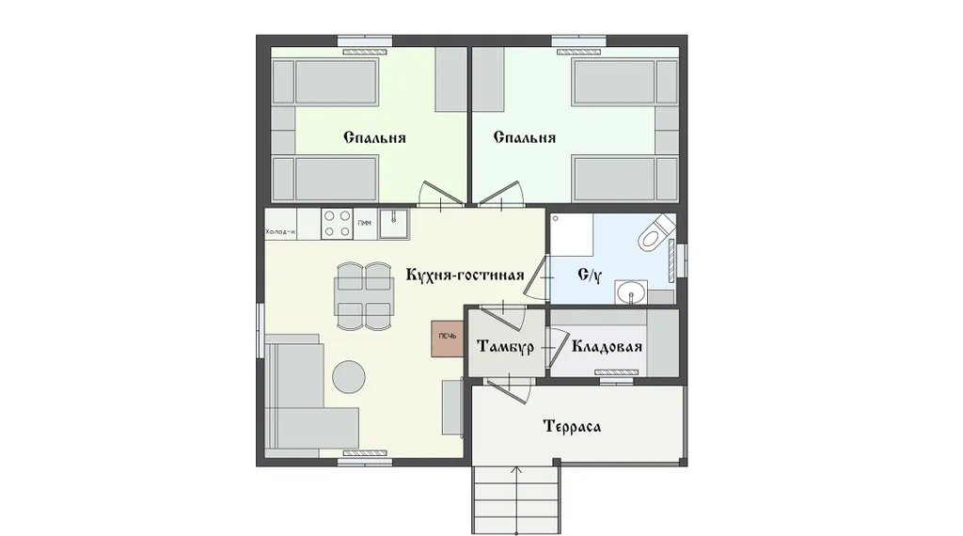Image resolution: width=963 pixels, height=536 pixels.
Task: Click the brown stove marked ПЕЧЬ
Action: pyautogui.click(x=447, y=339)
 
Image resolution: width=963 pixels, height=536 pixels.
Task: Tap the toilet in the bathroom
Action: pyautogui.click(x=655, y=232)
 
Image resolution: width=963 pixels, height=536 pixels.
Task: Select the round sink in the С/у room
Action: pyautogui.click(x=631, y=292)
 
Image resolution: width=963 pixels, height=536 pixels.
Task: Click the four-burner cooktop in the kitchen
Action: pyautogui.click(x=338, y=224)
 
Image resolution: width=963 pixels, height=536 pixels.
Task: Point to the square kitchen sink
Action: pyautogui.click(x=394, y=224)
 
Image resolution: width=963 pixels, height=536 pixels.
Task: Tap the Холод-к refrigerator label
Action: pyautogui.click(x=280, y=232)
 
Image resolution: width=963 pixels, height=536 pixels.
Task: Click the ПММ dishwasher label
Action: pyautogui.click(x=364, y=223)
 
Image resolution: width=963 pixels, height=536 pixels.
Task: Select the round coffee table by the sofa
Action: pyautogui.click(x=349, y=376)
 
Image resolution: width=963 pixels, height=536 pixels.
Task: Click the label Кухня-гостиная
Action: pyautogui.click(x=465, y=275)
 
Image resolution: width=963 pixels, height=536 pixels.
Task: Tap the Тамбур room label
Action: pyautogui.click(x=505, y=347)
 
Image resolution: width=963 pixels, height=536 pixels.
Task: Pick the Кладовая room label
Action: pyautogui.click(x=607, y=347)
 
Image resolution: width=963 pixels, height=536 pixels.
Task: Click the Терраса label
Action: pyautogui.click(x=572, y=426)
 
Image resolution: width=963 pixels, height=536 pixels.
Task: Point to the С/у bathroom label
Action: pyautogui.click(x=590, y=275)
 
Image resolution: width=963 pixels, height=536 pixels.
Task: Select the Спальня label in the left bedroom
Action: pyautogui.click(x=374, y=137)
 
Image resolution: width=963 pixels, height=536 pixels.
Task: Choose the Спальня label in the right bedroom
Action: pyautogui.click(x=525, y=137)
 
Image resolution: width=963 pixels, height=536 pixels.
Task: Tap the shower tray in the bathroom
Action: pyautogui.click(x=572, y=234)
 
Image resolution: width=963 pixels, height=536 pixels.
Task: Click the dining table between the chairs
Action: pyautogui.click(x=364, y=296)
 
